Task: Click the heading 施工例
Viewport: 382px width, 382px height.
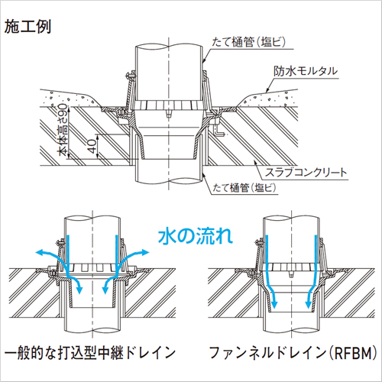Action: [28, 27]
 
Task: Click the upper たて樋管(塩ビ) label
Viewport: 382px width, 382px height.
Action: [248, 42]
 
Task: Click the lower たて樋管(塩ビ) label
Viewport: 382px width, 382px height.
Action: [244, 188]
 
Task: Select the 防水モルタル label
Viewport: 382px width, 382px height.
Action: [306, 71]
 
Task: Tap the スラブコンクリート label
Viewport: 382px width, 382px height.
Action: [306, 173]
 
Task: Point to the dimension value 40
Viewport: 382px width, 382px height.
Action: [92, 146]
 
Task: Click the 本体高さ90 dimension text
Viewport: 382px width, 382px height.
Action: [63, 130]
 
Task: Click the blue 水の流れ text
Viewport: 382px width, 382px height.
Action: [196, 236]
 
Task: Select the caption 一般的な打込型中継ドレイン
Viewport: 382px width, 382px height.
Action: [90, 353]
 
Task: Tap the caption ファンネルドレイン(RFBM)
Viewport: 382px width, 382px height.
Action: [293, 353]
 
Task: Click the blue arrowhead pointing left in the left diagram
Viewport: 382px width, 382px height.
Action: [39, 252]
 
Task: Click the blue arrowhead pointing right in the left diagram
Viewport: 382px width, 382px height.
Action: [145, 252]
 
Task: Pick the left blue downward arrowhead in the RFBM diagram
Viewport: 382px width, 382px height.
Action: [274, 304]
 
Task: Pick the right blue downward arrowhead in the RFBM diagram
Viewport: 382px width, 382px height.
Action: [309, 304]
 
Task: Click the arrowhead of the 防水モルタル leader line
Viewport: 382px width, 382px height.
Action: [267, 90]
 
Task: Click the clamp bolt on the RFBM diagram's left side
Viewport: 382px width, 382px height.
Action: [259, 242]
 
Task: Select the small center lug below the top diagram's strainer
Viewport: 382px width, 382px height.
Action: [168, 114]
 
